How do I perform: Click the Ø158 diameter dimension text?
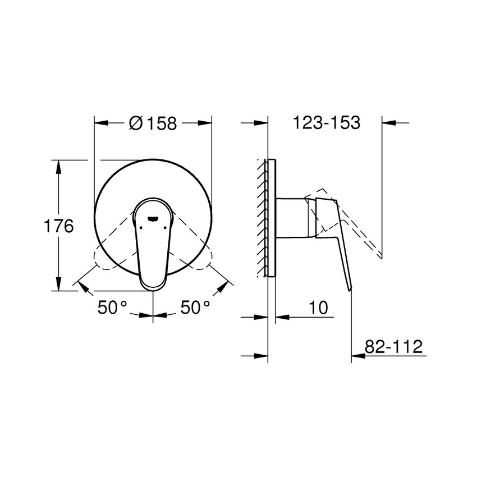153,123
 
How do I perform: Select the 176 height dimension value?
59,226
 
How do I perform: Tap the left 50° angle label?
113,308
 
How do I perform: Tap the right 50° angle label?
195,308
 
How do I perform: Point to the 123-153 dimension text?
326,123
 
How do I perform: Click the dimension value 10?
318,308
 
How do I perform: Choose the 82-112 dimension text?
393,346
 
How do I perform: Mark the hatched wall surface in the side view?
262,219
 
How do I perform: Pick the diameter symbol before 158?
135,123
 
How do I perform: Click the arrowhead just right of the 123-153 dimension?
389,122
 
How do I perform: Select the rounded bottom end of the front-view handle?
153,283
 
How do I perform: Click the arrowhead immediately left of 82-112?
357,355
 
